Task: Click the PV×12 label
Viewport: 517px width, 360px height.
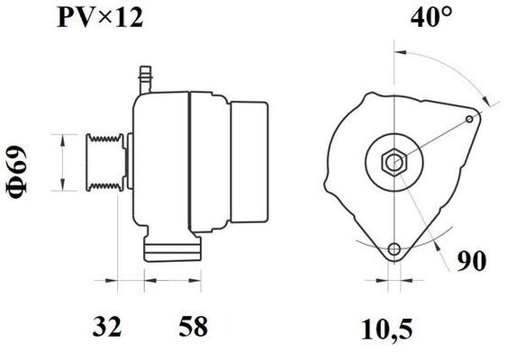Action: pos(100,18)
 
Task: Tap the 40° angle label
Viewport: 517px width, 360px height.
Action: pos(431,16)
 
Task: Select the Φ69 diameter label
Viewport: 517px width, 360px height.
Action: pos(16,173)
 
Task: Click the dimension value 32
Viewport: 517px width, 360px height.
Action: pos(107,326)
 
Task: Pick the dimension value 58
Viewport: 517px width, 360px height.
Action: pos(194,326)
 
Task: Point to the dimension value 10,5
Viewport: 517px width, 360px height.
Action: pos(386,329)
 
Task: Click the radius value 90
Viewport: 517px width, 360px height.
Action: pos(472,261)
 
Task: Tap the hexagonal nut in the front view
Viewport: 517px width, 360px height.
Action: pos(395,162)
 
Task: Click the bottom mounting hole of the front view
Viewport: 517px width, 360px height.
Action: pos(395,249)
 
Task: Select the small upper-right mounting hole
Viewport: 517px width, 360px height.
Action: pos(470,119)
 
